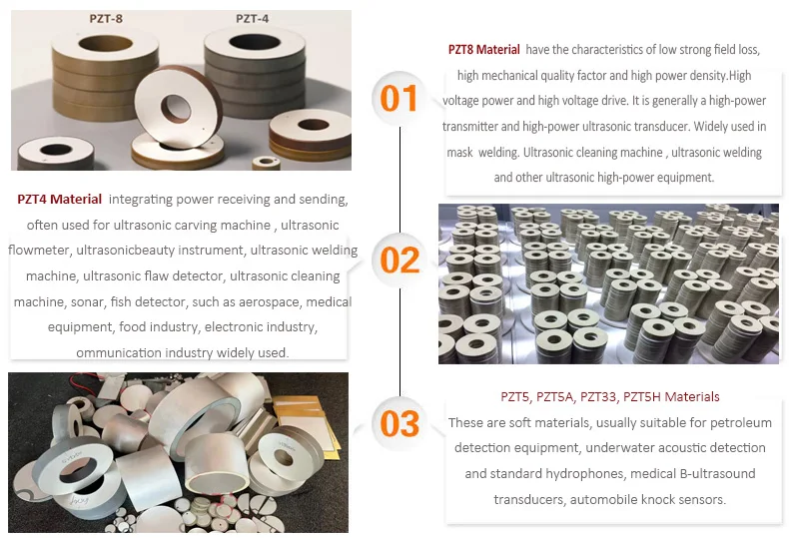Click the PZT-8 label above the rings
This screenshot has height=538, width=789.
[106, 19]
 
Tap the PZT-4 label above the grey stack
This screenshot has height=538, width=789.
[252, 19]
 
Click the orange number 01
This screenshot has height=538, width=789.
[398, 98]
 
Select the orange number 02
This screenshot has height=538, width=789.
[400, 260]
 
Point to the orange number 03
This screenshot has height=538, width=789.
[400, 423]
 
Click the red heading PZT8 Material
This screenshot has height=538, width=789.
[483, 49]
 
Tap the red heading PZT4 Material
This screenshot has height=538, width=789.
[59, 199]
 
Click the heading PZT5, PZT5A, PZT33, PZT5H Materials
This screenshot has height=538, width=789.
[610, 396]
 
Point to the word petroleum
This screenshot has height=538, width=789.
[741, 423]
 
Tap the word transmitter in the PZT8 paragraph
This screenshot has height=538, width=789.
[470, 126]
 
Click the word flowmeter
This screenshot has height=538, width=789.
[39, 250]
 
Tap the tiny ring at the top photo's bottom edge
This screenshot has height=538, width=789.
[267, 163]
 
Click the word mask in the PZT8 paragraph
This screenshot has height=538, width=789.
[459, 152]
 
